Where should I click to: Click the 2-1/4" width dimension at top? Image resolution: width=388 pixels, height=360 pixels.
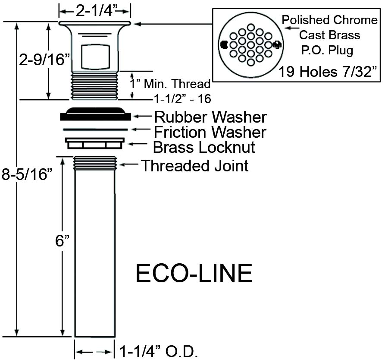click(x=95, y=11)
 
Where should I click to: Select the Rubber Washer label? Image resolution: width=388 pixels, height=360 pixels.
click(x=210, y=117)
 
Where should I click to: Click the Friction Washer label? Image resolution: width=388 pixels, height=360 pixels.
click(x=210, y=132)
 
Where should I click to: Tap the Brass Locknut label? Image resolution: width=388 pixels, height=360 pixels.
click(x=204, y=147)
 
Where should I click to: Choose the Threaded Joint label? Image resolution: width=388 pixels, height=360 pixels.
click(x=195, y=165)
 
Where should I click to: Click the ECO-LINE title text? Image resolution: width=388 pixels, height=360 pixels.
click(x=194, y=273)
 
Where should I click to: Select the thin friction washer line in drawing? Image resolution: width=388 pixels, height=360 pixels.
click(x=95, y=129)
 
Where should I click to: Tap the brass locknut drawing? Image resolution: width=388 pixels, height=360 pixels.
click(x=95, y=143)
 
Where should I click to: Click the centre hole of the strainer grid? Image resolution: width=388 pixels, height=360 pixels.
click(x=250, y=45)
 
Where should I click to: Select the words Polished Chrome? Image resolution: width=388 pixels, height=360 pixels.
click(x=330, y=20)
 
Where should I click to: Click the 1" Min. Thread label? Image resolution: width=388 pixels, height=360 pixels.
click(x=170, y=84)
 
